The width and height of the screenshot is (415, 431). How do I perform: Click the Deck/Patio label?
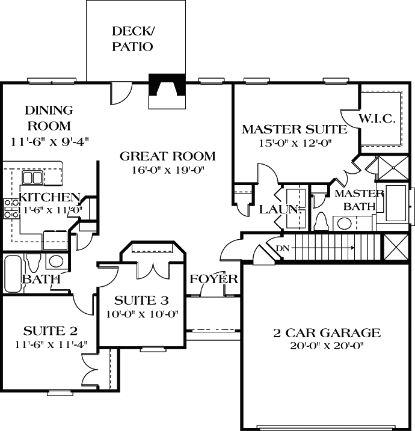[132, 38]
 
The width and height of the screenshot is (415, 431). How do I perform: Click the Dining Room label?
[49, 118]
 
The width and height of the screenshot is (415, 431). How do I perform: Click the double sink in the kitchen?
[32, 177]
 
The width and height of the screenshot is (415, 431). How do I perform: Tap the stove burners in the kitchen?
[10, 208]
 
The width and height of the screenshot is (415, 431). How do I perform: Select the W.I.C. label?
[377, 119]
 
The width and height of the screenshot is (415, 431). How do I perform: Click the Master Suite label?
[294, 129]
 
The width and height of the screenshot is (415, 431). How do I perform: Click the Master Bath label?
[359, 200]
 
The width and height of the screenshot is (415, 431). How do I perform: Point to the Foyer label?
[214, 280]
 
